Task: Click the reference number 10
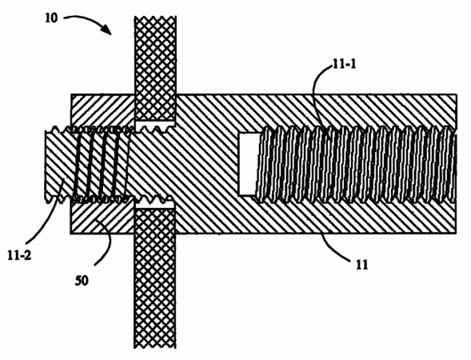pos(51,18)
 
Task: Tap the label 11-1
pos(344,64)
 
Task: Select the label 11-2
pos(19,256)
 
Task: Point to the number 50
pos(82,281)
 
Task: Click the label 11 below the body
pos(361,265)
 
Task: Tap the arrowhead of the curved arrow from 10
pos(107,30)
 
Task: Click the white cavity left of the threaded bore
pos(248,164)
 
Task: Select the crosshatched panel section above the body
pos(155,68)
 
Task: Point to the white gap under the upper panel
pos(154,124)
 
